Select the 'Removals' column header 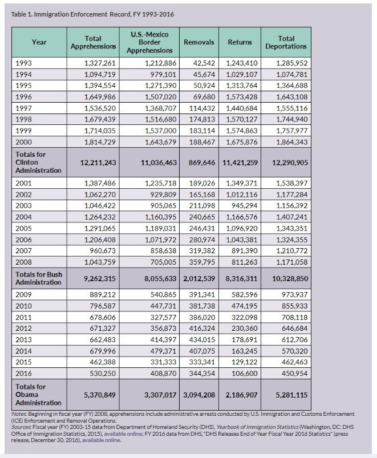click(x=199, y=42)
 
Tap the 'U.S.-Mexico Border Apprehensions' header click(x=149, y=42)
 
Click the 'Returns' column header click(x=240, y=42)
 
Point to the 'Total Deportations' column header click(x=286, y=42)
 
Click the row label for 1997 click(x=23, y=108)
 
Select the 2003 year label click(x=23, y=206)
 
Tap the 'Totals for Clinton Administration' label click(x=38, y=162)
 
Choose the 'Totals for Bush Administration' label click(x=39, y=278)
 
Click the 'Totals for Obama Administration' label click(x=38, y=395)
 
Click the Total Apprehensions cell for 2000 click(x=100, y=142)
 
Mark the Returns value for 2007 click(x=245, y=250)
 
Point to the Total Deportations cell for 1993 click(x=291, y=63)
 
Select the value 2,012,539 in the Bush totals click(x=199, y=279)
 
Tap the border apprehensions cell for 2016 click(x=163, y=373)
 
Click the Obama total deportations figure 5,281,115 click(x=291, y=395)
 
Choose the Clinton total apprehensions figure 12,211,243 click(x=98, y=163)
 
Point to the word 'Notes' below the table click(x=19, y=414)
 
